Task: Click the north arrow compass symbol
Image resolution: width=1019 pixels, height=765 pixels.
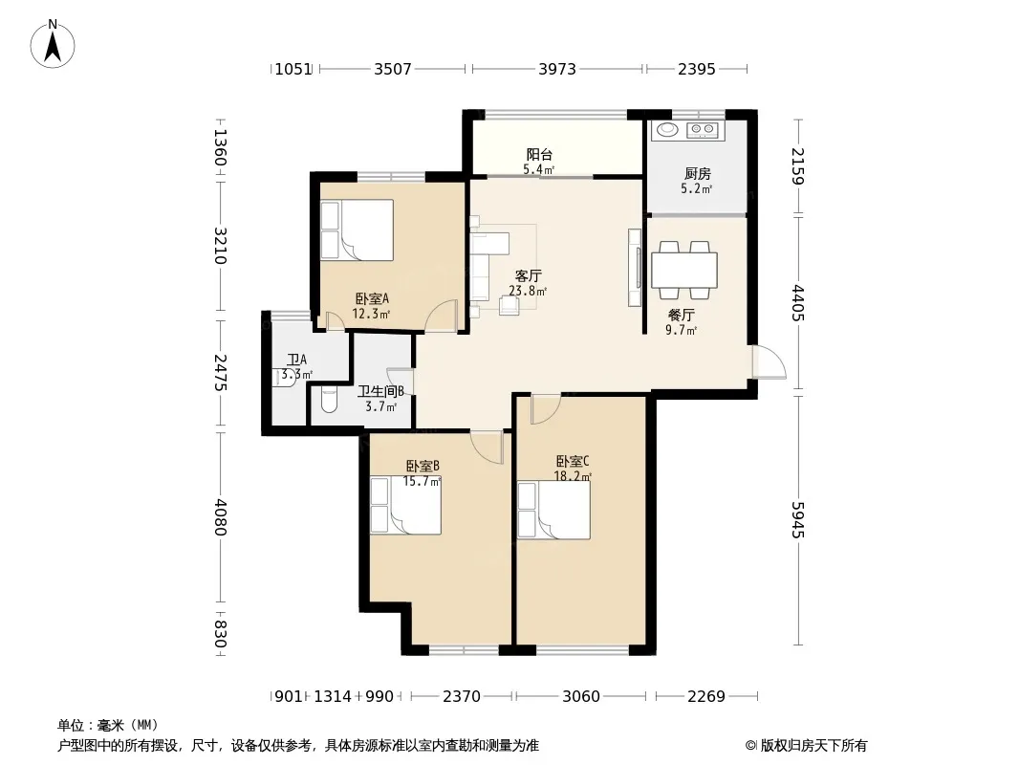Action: tap(53, 44)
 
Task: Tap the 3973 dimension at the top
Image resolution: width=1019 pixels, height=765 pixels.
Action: tap(557, 69)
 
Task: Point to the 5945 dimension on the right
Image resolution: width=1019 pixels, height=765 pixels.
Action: tap(798, 520)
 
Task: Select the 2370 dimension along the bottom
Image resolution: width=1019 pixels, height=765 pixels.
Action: tap(462, 696)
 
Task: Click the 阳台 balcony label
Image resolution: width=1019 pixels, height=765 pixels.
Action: tap(539, 155)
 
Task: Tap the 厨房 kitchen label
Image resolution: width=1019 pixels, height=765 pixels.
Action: tap(697, 173)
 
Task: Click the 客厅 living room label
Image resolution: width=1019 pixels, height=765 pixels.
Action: tap(529, 276)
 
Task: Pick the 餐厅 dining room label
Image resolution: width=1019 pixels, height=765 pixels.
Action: tap(681, 316)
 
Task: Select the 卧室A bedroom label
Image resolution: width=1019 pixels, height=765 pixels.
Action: tap(372, 299)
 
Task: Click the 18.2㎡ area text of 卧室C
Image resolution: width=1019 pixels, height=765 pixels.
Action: tap(573, 476)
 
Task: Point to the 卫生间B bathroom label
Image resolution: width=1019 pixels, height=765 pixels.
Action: tap(380, 391)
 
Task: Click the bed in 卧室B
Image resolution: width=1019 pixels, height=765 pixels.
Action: tap(406, 506)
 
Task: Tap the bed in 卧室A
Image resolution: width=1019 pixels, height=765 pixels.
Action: tap(357, 230)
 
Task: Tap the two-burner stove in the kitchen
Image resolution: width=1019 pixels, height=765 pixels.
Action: tap(703, 130)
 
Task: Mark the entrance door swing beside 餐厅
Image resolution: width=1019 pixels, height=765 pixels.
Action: tap(770, 361)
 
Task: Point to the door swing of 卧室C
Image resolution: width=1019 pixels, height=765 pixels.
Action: tap(545, 409)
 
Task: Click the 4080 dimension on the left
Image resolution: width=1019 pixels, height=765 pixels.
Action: tap(220, 517)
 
